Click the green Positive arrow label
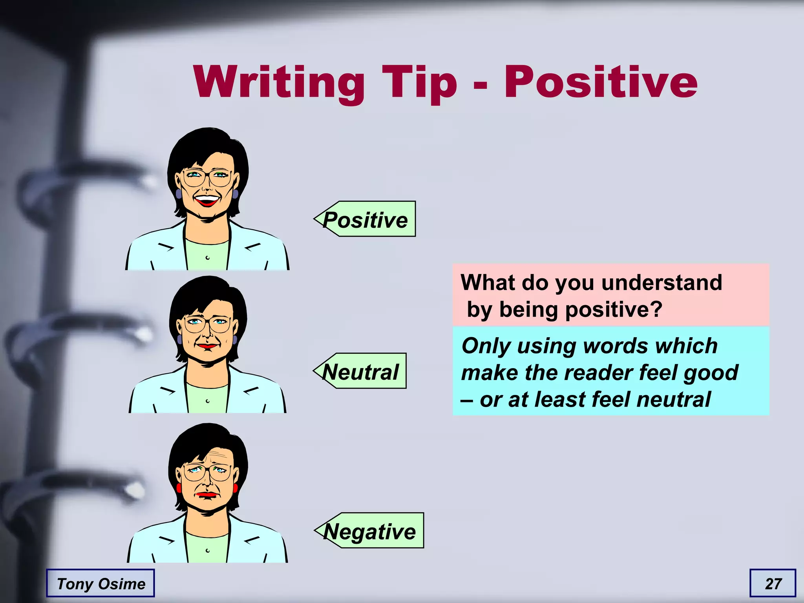pyautogui.click(x=365, y=219)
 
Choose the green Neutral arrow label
pyautogui.click(x=360, y=371)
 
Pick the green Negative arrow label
pyautogui.click(x=369, y=531)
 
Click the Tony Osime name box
pyautogui.click(x=100, y=583)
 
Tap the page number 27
pyautogui.click(x=773, y=583)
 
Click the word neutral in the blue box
pyautogui.click(x=673, y=399)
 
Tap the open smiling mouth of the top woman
pyautogui.click(x=207, y=201)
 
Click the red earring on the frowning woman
pyautogui.click(x=236, y=488)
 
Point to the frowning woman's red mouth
pyautogui.click(x=207, y=495)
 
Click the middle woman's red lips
pyautogui.click(x=207, y=346)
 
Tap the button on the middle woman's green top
pyautogui.click(x=207, y=401)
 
